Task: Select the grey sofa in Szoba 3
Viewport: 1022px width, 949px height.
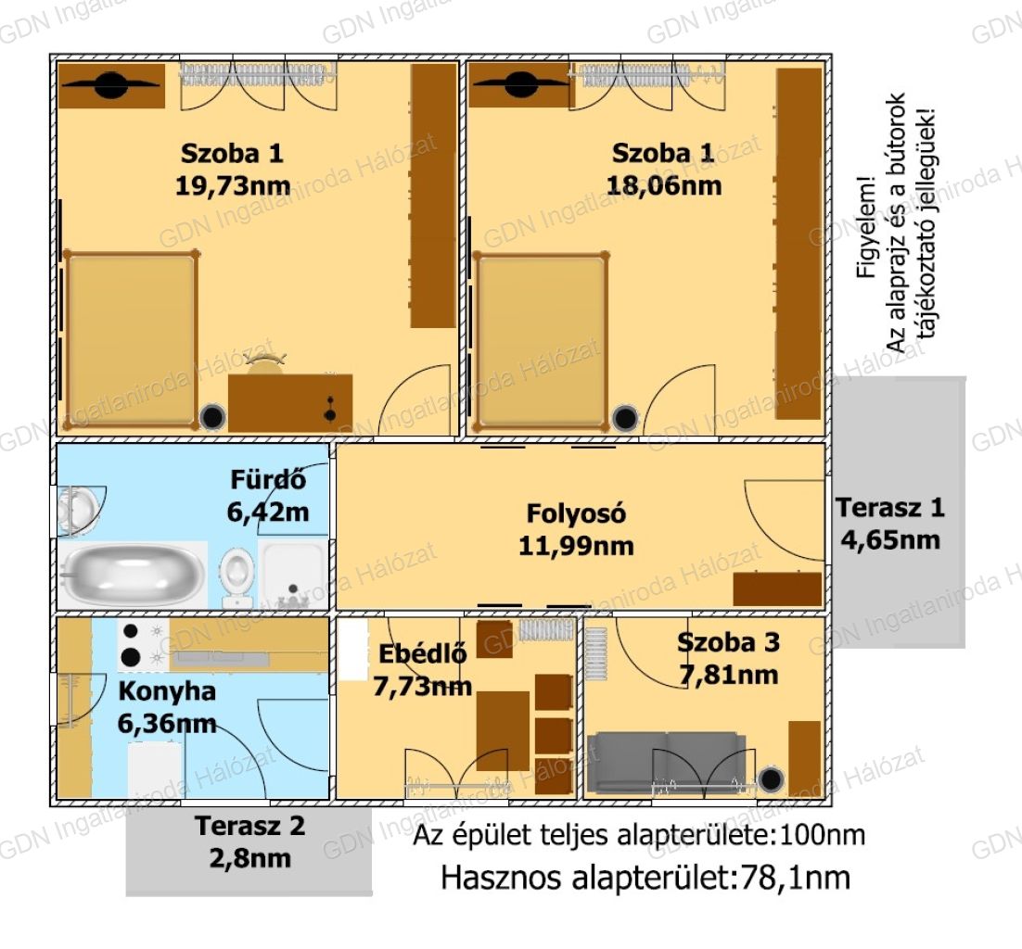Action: point(666,760)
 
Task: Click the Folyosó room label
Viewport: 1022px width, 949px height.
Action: point(576,513)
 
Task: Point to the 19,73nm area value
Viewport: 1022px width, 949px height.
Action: point(233,185)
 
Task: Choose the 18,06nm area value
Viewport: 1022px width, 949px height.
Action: point(663,185)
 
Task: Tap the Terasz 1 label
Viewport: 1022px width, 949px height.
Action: point(890,507)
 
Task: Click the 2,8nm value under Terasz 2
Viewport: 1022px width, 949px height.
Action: point(250,858)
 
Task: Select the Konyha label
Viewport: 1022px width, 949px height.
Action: point(167,691)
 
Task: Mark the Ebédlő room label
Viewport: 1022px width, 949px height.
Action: point(422,653)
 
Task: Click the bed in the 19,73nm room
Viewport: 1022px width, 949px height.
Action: point(131,340)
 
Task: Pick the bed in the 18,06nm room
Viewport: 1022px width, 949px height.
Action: point(541,341)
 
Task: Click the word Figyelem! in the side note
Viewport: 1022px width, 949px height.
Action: point(866,227)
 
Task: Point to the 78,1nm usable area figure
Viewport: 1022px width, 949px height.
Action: point(794,878)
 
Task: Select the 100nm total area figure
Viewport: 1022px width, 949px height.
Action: point(823,834)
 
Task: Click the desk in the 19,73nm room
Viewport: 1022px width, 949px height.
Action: point(290,402)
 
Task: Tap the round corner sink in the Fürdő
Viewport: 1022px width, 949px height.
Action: point(79,511)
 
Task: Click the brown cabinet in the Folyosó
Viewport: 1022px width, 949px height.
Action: point(777,589)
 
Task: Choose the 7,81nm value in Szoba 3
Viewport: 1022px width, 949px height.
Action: point(729,675)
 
